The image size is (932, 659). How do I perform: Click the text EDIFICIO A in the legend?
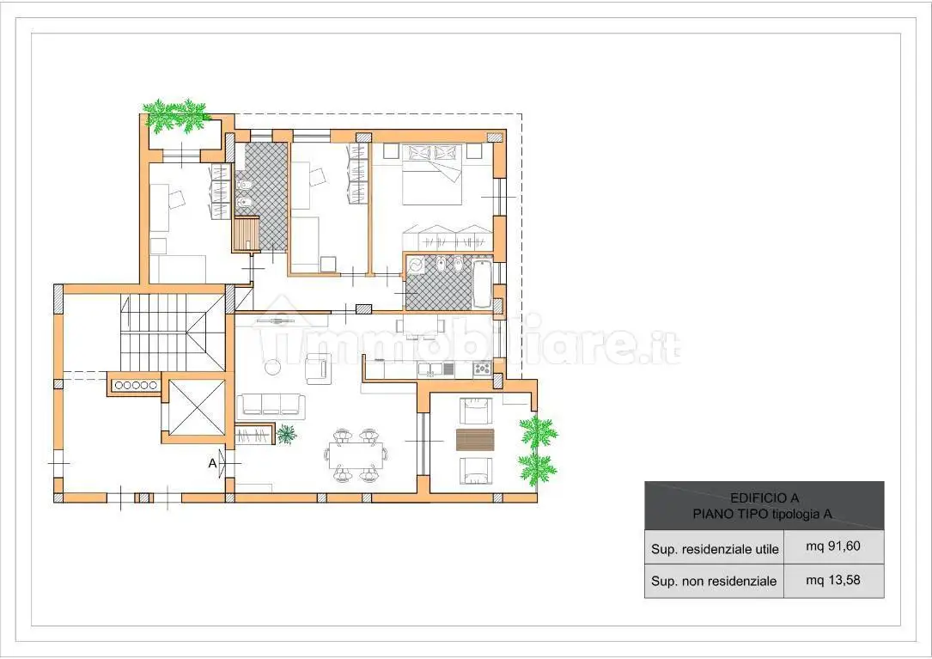pos(764,497)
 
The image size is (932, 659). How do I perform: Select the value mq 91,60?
pos(832,546)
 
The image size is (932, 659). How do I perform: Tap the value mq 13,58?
pos(832,580)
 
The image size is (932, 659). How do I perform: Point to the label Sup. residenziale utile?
pos(715,550)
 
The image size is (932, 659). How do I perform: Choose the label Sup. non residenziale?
pos(713,581)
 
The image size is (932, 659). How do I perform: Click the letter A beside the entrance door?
pos(212,462)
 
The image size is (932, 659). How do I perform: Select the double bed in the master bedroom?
pos(432,174)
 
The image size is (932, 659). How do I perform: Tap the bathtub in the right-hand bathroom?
pos(482,284)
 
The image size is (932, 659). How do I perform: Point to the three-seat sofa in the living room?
pos(271,405)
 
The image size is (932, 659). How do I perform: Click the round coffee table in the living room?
pos(272,367)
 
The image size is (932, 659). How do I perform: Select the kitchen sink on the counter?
pos(431,369)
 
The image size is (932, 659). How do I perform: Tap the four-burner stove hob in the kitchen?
pos(482,369)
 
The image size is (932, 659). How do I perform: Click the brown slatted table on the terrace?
pos(476,440)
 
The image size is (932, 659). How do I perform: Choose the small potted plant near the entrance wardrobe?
pos(287,434)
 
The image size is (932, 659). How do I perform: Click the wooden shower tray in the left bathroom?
pos(246,234)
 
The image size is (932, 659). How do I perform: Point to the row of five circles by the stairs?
pos(136,386)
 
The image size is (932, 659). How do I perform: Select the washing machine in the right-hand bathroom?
pos(416,265)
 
